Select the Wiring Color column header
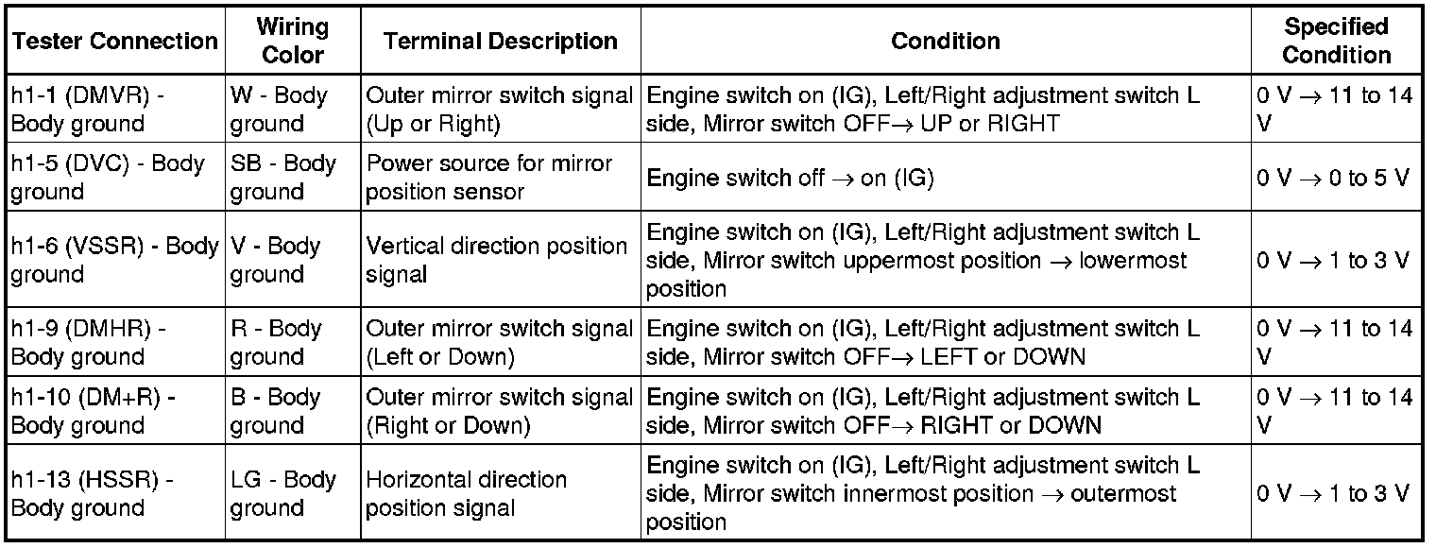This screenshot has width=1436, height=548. (x=293, y=41)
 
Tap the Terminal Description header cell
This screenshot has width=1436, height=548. (x=501, y=41)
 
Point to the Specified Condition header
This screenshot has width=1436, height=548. (x=1337, y=41)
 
